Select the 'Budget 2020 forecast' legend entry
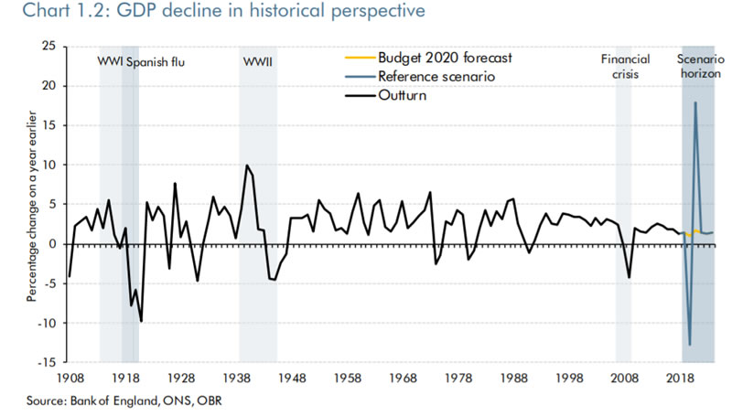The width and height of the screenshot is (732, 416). (x=443, y=58)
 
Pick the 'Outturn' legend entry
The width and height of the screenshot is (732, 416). (x=402, y=95)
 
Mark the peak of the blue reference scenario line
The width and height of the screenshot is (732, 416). (x=695, y=102)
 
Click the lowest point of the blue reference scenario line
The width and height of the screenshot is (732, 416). (x=690, y=345)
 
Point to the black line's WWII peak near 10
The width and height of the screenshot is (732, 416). (x=247, y=165)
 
